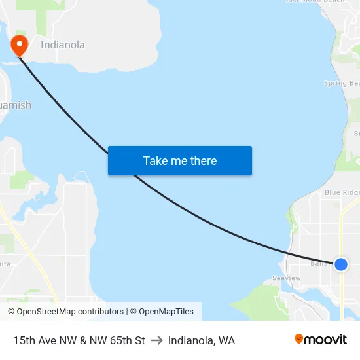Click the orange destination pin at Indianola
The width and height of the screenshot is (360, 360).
pyautogui.click(x=20, y=45)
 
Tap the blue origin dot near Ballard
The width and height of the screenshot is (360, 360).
pyautogui.click(x=341, y=264)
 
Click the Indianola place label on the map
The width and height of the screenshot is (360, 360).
pyautogui.click(x=62, y=45)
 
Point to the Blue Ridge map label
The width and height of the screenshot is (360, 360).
pyautogui.click(x=342, y=192)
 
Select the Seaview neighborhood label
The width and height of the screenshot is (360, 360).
pyautogui.click(x=286, y=278)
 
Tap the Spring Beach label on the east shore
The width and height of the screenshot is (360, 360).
pyautogui.click(x=342, y=83)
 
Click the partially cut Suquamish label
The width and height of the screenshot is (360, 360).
pyautogui.click(x=14, y=105)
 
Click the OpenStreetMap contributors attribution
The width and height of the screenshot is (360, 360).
pyautogui.click(x=65, y=312)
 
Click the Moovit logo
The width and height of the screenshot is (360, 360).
pyautogui.click(x=320, y=340)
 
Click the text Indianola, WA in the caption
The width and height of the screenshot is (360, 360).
pyautogui.click(x=202, y=340)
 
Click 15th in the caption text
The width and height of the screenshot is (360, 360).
pyautogui.click(x=24, y=340)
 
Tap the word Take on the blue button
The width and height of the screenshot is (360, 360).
pyautogui.click(x=155, y=161)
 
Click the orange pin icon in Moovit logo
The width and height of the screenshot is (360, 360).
pyautogui.click(x=298, y=340)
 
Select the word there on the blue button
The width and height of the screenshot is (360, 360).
pyautogui.click(x=202, y=161)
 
